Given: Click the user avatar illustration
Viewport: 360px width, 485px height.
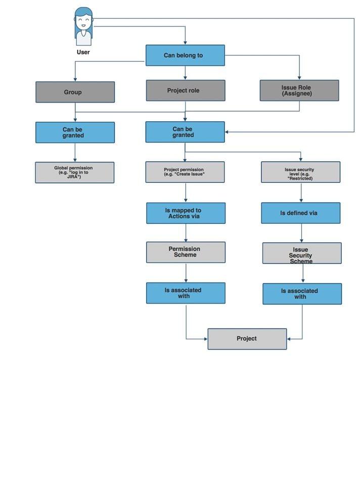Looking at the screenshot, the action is click(83, 27).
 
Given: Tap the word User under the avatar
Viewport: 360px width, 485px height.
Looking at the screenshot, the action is click(83, 52).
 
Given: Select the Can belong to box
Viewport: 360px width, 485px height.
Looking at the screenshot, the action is click(185, 56).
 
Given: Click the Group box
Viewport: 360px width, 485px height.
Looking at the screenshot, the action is click(75, 92).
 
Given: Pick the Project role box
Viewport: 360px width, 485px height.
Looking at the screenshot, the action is click(186, 90).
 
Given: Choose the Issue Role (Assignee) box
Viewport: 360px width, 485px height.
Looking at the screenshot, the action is click(299, 90).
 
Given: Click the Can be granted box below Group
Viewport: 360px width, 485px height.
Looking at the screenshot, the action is click(75, 132).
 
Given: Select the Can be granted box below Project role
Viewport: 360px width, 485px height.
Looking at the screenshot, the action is click(185, 132).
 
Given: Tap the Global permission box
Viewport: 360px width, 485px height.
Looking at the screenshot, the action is click(75, 173).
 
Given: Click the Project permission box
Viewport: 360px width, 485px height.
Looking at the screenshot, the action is click(185, 172).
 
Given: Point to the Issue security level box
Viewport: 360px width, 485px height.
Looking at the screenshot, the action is click(300, 172).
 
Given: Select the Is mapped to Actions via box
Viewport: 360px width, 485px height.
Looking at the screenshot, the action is click(186, 213).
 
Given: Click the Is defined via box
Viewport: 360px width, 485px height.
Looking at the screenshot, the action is click(300, 213).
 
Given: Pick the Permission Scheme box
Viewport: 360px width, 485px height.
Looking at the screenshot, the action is click(186, 253).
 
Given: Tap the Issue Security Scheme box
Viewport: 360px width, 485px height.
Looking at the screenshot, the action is click(302, 253).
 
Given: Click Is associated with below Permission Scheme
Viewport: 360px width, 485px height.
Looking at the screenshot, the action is click(186, 293).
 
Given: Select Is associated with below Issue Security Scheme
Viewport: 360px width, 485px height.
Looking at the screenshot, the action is click(302, 294).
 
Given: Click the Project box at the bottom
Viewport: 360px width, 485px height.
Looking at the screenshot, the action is click(247, 339).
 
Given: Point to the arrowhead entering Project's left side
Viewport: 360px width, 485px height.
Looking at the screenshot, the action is click(206, 339).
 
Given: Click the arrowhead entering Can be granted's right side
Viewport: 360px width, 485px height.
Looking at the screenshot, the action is click(227, 132).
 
